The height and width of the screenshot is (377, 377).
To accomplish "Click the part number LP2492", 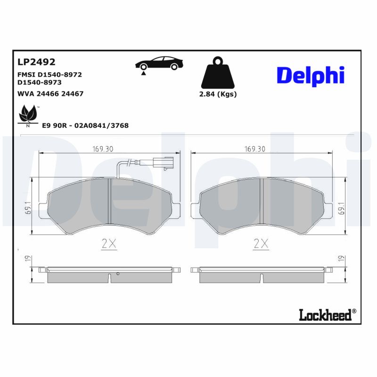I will point(37,62).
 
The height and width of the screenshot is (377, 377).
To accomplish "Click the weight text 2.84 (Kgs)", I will point(217,94).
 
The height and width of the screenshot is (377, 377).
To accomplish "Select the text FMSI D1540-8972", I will point(49,74).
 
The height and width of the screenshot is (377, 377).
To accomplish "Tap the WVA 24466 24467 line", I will point(50,94).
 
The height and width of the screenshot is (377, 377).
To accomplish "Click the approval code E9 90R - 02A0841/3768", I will point(85,125).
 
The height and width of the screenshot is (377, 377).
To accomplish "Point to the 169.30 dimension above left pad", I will point(103,148).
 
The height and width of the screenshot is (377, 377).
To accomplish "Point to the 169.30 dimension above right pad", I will point(255,148).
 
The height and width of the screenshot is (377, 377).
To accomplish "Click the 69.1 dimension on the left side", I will point(28,208).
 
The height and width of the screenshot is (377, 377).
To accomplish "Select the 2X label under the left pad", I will point(109,244).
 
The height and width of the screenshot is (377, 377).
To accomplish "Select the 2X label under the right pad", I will point(261,244).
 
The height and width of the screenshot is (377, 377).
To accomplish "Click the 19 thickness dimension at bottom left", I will point(28,258).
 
